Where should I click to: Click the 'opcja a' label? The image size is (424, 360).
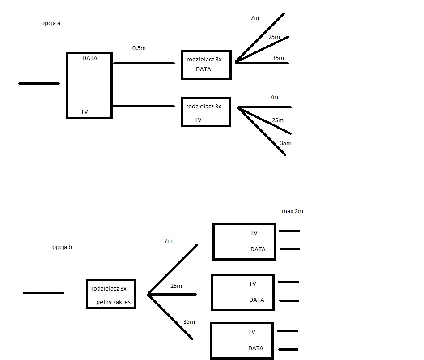[51, 23]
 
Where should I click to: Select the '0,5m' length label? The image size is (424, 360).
[139, 48]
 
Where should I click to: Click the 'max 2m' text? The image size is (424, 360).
[293, 211]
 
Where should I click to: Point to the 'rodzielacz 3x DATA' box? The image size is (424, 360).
[206, 65]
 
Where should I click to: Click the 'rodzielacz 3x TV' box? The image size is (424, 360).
[206, 112]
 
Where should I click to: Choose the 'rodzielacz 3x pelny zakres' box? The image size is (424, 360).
[111, 294]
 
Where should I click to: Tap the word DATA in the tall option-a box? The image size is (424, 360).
[89, 58]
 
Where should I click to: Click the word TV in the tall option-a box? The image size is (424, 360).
[85, 111]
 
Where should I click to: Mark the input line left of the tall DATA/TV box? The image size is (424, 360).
[39, 83]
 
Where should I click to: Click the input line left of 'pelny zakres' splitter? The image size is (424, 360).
[43, 293]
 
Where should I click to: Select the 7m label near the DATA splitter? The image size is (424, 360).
[255, 18]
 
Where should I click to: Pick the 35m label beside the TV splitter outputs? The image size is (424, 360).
[285, 143]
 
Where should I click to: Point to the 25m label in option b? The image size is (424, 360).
[176, 286]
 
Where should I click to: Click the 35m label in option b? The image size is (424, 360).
[189, 321]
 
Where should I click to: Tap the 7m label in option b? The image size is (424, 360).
[168, 240]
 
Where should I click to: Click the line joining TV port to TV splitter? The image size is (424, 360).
[143, 106]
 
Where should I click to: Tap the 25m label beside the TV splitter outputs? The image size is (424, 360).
[277, 120]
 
